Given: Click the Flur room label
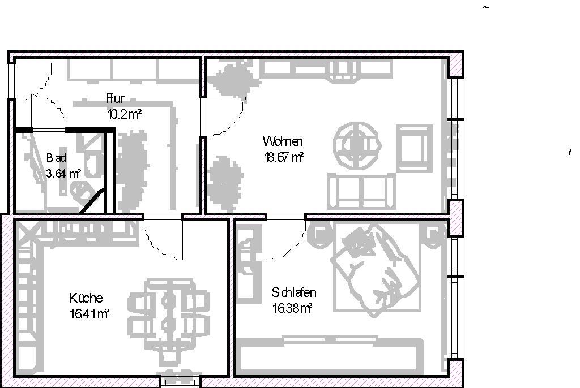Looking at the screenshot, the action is pyautogui.click(x=116, y=98).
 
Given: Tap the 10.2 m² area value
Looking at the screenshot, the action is pyautogui.click(x=124, y=114).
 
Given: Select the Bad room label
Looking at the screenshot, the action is pyautogui.click(x=56, y=158).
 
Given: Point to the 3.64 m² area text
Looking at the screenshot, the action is pyautogui.click(x=63, y=173).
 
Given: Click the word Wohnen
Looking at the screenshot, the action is pyautogui.click(x=283, y=141).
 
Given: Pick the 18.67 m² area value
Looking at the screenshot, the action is pyautogui.click(x=284, y=157).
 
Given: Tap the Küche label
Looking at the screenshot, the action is pyautogui.click(x=86, y=298).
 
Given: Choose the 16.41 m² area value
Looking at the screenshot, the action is pyautogui.click(x=89, y=314).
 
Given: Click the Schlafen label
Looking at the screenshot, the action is pyautogui.click(x=294, y=292).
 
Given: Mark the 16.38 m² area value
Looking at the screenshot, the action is pyautogui.click(x=292, y=308).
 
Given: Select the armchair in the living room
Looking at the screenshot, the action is pyautogui.click(x=414, y=149).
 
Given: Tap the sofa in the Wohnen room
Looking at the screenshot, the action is pyautogui.click(x=361, y=190).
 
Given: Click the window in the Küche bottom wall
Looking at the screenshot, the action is pyautogui.click(x=180, y=381).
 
